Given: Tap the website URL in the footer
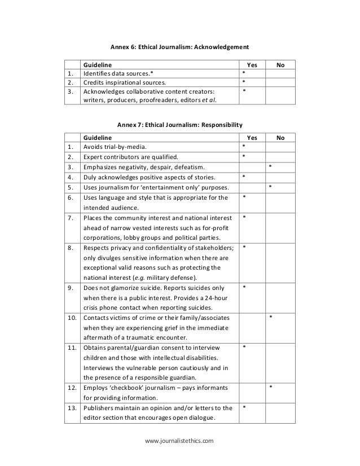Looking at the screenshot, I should pyautogui.click(x=180, y=439).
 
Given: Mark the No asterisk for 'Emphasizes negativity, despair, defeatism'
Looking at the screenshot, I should pyautogui.click(x=270, y=167).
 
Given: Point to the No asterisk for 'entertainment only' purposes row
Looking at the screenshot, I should pyautogui.click(x=270, y=187).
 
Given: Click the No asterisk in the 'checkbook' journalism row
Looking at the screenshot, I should pyautogui.click(x=270, y=387).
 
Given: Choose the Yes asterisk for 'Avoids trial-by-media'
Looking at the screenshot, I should pyautogui.click(x=243, y=147).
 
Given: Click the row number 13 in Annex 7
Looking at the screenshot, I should pyautogui.click(x=72, y=407).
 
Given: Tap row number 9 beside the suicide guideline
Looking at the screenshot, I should pyautogui.click(x=72, y=287).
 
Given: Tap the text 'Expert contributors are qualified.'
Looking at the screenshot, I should pyautogui.click(x=130, y=157).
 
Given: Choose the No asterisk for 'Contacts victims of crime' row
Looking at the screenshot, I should pyautogui.click(x=270, y=317).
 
